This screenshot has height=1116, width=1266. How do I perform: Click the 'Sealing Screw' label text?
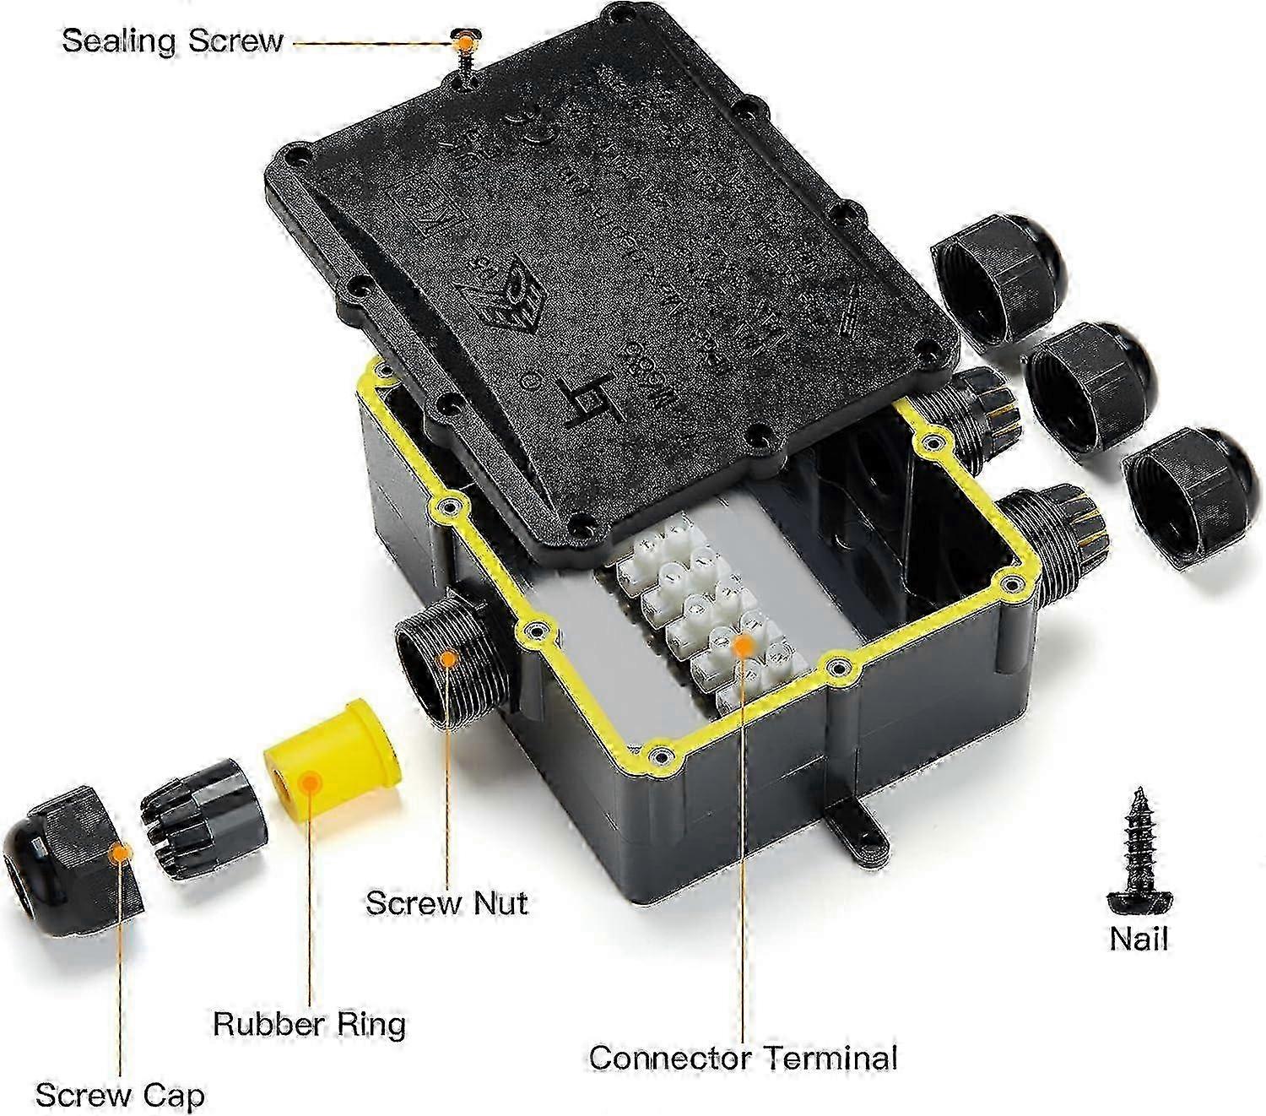pyautogui.click(x=172, y=41)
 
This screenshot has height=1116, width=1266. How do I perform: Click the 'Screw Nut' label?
pyautogui.click(x=446, y=902)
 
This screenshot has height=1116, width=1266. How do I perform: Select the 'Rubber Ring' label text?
pyautogui.click(x=309, y=1023)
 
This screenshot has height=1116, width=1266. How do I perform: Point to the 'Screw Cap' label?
pyautogui.click(x=120, y=1095)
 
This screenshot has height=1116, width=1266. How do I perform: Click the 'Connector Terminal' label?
pyautogui.click(x=743, y=1057)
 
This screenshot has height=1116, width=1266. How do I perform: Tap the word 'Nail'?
pyautogui.click(x=1139, y=938)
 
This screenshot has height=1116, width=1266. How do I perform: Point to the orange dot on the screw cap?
pyautogui.click(x=122, y=853)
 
